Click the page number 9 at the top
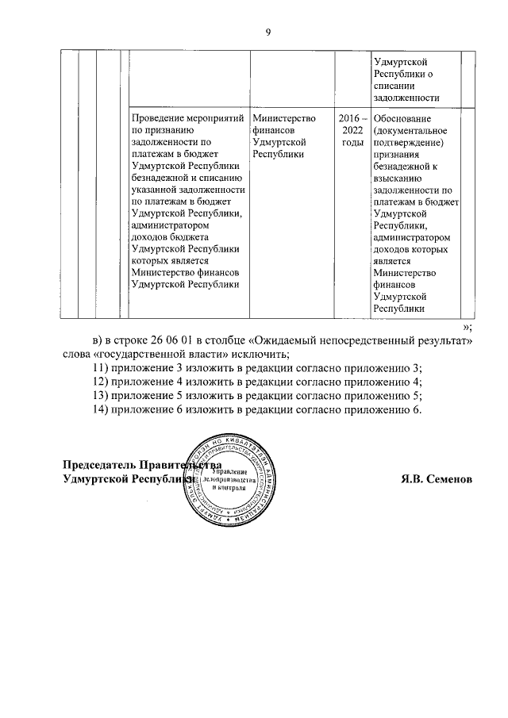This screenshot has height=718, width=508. (x=267, y=32)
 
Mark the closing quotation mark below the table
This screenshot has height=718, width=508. (x=468, y=327)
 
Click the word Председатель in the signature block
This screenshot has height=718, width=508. (x=99, y=466)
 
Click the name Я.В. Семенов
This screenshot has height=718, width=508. (x=437, y=479)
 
